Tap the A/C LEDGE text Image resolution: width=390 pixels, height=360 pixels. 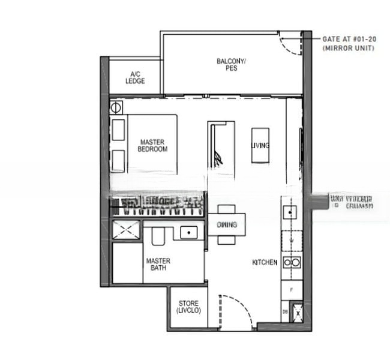[x=136, y=78]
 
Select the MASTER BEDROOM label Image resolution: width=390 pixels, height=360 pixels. [x=152, y=146]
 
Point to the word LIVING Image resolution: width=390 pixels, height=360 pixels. [x=260, y=146]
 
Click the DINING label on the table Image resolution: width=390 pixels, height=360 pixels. [x=227, y=224]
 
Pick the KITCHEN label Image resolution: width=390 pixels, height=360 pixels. [x=265, y=262]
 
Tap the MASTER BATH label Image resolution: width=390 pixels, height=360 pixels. [x=158, y=265]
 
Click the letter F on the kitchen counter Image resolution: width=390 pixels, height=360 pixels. [x=291, y=290]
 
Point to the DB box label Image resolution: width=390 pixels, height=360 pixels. [x=285, y=312]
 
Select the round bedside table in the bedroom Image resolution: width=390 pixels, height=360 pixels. [x=116, y=109]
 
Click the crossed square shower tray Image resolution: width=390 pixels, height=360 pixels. [x=126, y=229]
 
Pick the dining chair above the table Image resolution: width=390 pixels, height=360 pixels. [x=227, y=208]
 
